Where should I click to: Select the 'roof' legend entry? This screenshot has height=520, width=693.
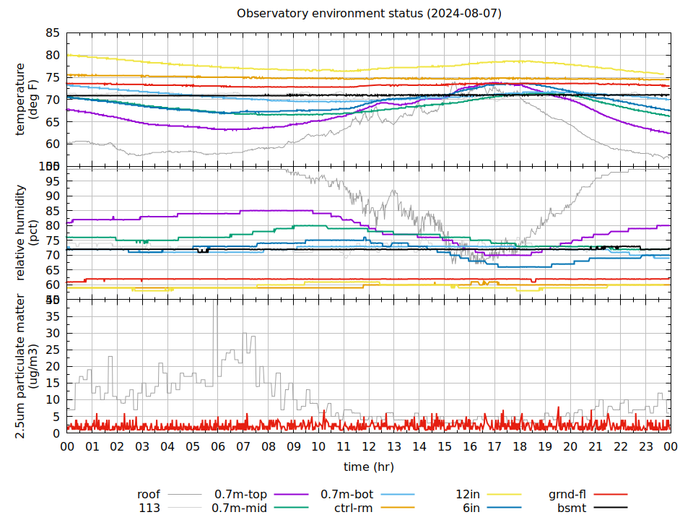149,495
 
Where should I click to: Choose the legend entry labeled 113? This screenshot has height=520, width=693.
149,508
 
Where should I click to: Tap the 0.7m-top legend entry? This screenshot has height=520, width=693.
240,495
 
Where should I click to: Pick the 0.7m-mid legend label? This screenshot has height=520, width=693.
240,508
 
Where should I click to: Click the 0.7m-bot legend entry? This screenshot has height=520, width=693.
346,495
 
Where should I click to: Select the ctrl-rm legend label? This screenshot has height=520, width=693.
353,508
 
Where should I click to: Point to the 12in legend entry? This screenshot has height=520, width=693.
468,495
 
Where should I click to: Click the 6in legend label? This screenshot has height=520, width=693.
471,508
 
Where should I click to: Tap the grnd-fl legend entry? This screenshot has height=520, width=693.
567,495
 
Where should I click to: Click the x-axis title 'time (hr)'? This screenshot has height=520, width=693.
368,467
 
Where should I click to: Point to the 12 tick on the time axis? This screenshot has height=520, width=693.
369,446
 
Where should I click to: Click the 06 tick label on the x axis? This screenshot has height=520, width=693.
218,446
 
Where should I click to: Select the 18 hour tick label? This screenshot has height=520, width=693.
520,446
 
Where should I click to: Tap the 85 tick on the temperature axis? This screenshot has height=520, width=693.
53,33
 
